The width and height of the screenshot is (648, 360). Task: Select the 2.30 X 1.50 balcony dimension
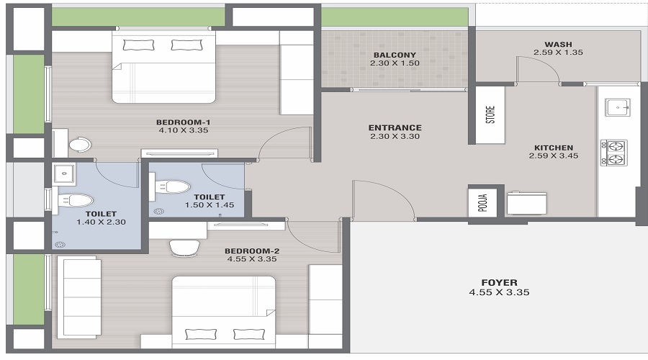(x=394, y=63)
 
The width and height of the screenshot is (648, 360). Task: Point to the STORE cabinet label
(x=490, y=115)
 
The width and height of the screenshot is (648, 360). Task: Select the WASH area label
(x=558, y=43)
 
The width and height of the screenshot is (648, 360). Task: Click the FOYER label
(x=499, y=282)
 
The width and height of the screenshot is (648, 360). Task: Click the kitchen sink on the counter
(x=618, y=107)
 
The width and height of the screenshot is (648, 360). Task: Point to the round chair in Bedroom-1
(x=80, y=145)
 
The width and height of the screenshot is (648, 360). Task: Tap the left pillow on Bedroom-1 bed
(x=133, y=45)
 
